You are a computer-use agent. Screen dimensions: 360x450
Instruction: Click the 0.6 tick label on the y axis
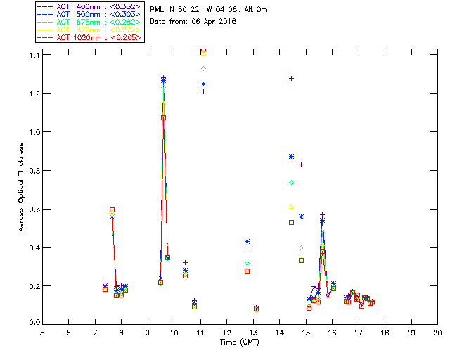(x=31, y=209)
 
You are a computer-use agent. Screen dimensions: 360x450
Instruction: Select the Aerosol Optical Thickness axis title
(x=22, y=185)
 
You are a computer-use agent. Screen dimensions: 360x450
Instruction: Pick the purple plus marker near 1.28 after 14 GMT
(x=291, y=78)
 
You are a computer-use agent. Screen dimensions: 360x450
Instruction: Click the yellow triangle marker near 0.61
(x=291, y=206)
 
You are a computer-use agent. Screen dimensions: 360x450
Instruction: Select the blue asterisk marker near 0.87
(x=291, y=156)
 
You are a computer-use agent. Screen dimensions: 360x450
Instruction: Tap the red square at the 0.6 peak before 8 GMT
(x=112, y=210)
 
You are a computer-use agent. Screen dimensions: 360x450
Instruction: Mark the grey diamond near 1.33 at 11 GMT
(x=203, y=68)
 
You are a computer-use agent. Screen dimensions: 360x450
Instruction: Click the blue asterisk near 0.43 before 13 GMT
(x=247, y=242)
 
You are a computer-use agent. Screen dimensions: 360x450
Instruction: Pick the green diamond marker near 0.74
(x=291, y=182)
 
